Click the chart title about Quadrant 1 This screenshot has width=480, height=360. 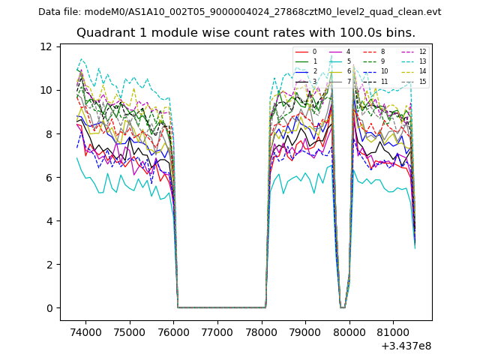pos(246,33)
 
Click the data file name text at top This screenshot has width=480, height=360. pos(239,12)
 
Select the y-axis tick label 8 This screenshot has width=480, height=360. pos(50,133)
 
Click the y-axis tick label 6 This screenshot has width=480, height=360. pos(50,178)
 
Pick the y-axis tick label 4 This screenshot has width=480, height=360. pos(50,221)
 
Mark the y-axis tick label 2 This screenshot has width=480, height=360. pos(50,265)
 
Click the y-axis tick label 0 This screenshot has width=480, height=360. pos(50,308)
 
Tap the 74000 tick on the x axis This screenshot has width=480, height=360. pos(85,331)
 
